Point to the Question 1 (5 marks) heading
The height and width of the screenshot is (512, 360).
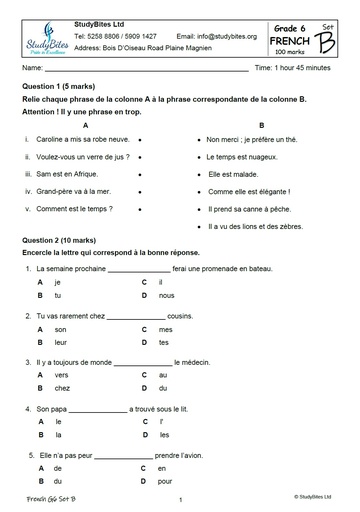[x=60, y=86]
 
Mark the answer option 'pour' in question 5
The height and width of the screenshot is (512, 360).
[x=165, y=481]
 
